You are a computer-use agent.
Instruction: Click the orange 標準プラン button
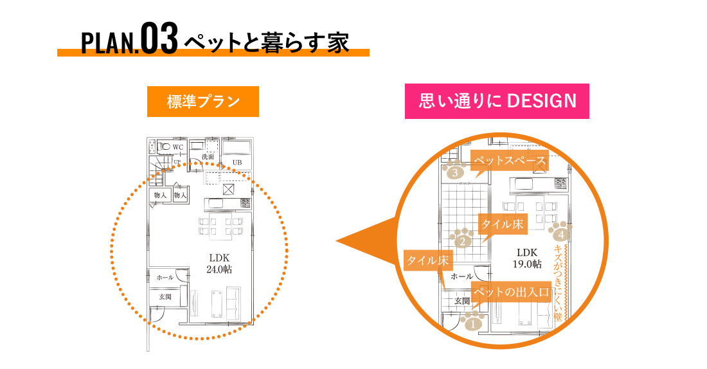pos(202,102)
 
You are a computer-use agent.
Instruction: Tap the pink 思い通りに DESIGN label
pos(497,101)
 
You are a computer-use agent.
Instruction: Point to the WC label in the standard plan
pos(178,147)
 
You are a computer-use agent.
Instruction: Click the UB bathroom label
pos(237,162)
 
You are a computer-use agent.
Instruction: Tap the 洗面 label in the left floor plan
pos(208,156)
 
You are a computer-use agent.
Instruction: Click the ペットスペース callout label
pos(510,161)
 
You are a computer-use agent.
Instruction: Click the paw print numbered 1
pos(474,322)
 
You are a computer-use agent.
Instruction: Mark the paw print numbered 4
pos(560,233)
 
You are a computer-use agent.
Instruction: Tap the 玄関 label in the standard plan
pos(165,297)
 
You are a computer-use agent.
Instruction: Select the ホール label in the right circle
pos(461,276)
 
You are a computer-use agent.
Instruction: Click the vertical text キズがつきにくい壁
pos(557,283)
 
